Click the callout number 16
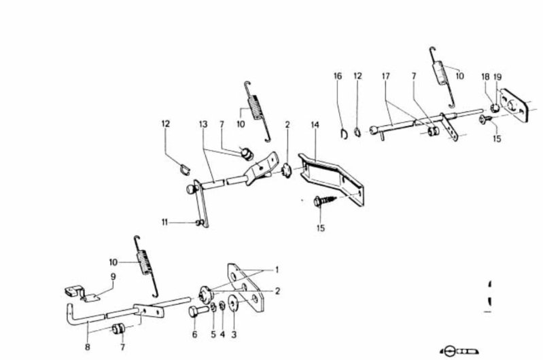pos(338,76)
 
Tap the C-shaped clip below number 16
pos(345,134)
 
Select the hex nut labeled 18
pos(495,108)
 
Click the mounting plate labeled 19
pos(514,105)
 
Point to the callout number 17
pos(386,76)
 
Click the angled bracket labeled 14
pos(332,179)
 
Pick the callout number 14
pos(315,124)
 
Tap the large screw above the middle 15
pos(325,201)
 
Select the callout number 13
pos(203,124)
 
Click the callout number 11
pos(164,222)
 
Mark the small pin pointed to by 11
pos(198,223)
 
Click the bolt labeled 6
pos(198,310)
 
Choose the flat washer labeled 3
pos(233,304)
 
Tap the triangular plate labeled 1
pos(245,287)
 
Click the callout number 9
pos(113,277)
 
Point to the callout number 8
pos(87,346)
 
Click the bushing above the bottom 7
pos(119,328)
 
